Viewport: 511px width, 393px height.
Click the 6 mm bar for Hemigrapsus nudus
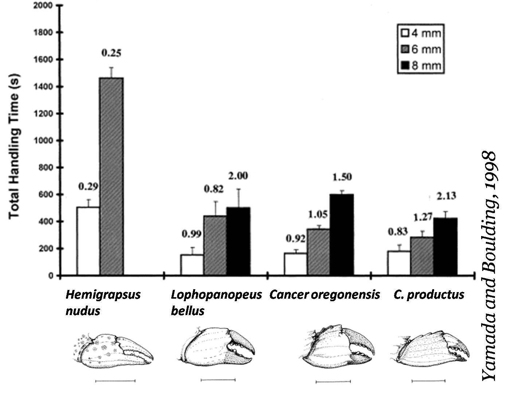click(112, 177)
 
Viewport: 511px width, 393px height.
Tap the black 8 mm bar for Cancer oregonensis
click(342, 235)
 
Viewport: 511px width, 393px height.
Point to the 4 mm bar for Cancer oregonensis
click(296, 264)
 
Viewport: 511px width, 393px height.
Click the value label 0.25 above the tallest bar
click(111, 53)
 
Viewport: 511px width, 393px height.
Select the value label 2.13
click(446, 196)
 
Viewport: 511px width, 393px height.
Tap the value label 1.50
click(342, 177)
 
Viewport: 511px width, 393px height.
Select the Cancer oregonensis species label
click(324, 294)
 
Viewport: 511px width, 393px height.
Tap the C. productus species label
click(429, 294)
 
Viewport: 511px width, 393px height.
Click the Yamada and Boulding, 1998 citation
click(488, 266)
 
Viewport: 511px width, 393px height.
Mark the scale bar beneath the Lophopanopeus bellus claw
click(218, 380)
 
